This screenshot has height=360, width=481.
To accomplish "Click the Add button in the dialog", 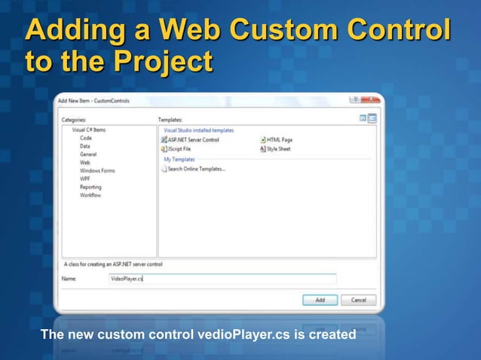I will (320, 300).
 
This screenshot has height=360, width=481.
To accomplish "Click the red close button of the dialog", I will (369, 99).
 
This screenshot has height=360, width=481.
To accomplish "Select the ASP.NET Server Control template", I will (194, 140).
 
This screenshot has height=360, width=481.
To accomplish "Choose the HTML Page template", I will (279, 140).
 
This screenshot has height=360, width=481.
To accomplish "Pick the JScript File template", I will (179, 149).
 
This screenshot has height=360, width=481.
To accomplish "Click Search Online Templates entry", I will (196, 169).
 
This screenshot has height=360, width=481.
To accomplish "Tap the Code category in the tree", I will (86, 138).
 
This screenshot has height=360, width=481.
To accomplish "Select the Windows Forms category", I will (97, 171).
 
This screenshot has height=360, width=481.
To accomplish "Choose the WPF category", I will (86, 179).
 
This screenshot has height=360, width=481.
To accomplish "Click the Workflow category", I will (90, 196).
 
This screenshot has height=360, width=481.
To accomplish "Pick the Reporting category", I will (90, 188).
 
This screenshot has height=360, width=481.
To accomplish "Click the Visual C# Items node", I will (88, 130).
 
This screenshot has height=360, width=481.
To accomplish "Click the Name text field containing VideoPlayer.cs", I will (222, 279).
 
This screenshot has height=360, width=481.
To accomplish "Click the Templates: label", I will (170, 120).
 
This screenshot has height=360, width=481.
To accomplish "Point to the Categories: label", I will (73, 120).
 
